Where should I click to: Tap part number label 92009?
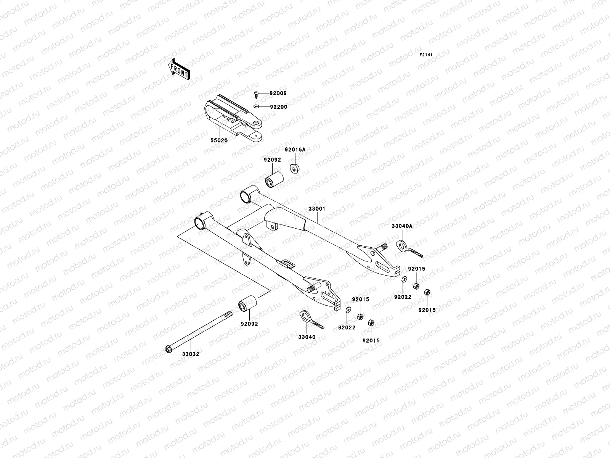tap(278, 93)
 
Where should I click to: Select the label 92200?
tap(278, 107)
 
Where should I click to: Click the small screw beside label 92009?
tap(257, 94)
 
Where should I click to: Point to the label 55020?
tap(219, 140)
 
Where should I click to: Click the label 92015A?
tap(295, 150)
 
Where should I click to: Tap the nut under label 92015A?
tap(294, 168)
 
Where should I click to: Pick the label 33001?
tap(317, 209)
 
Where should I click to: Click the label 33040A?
tap(402, 226)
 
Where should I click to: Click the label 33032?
tap(190, 354)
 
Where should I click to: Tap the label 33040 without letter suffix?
tap(307, 337)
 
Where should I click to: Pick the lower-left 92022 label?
tap(347, 327)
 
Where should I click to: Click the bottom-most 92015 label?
tap(371, 340)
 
